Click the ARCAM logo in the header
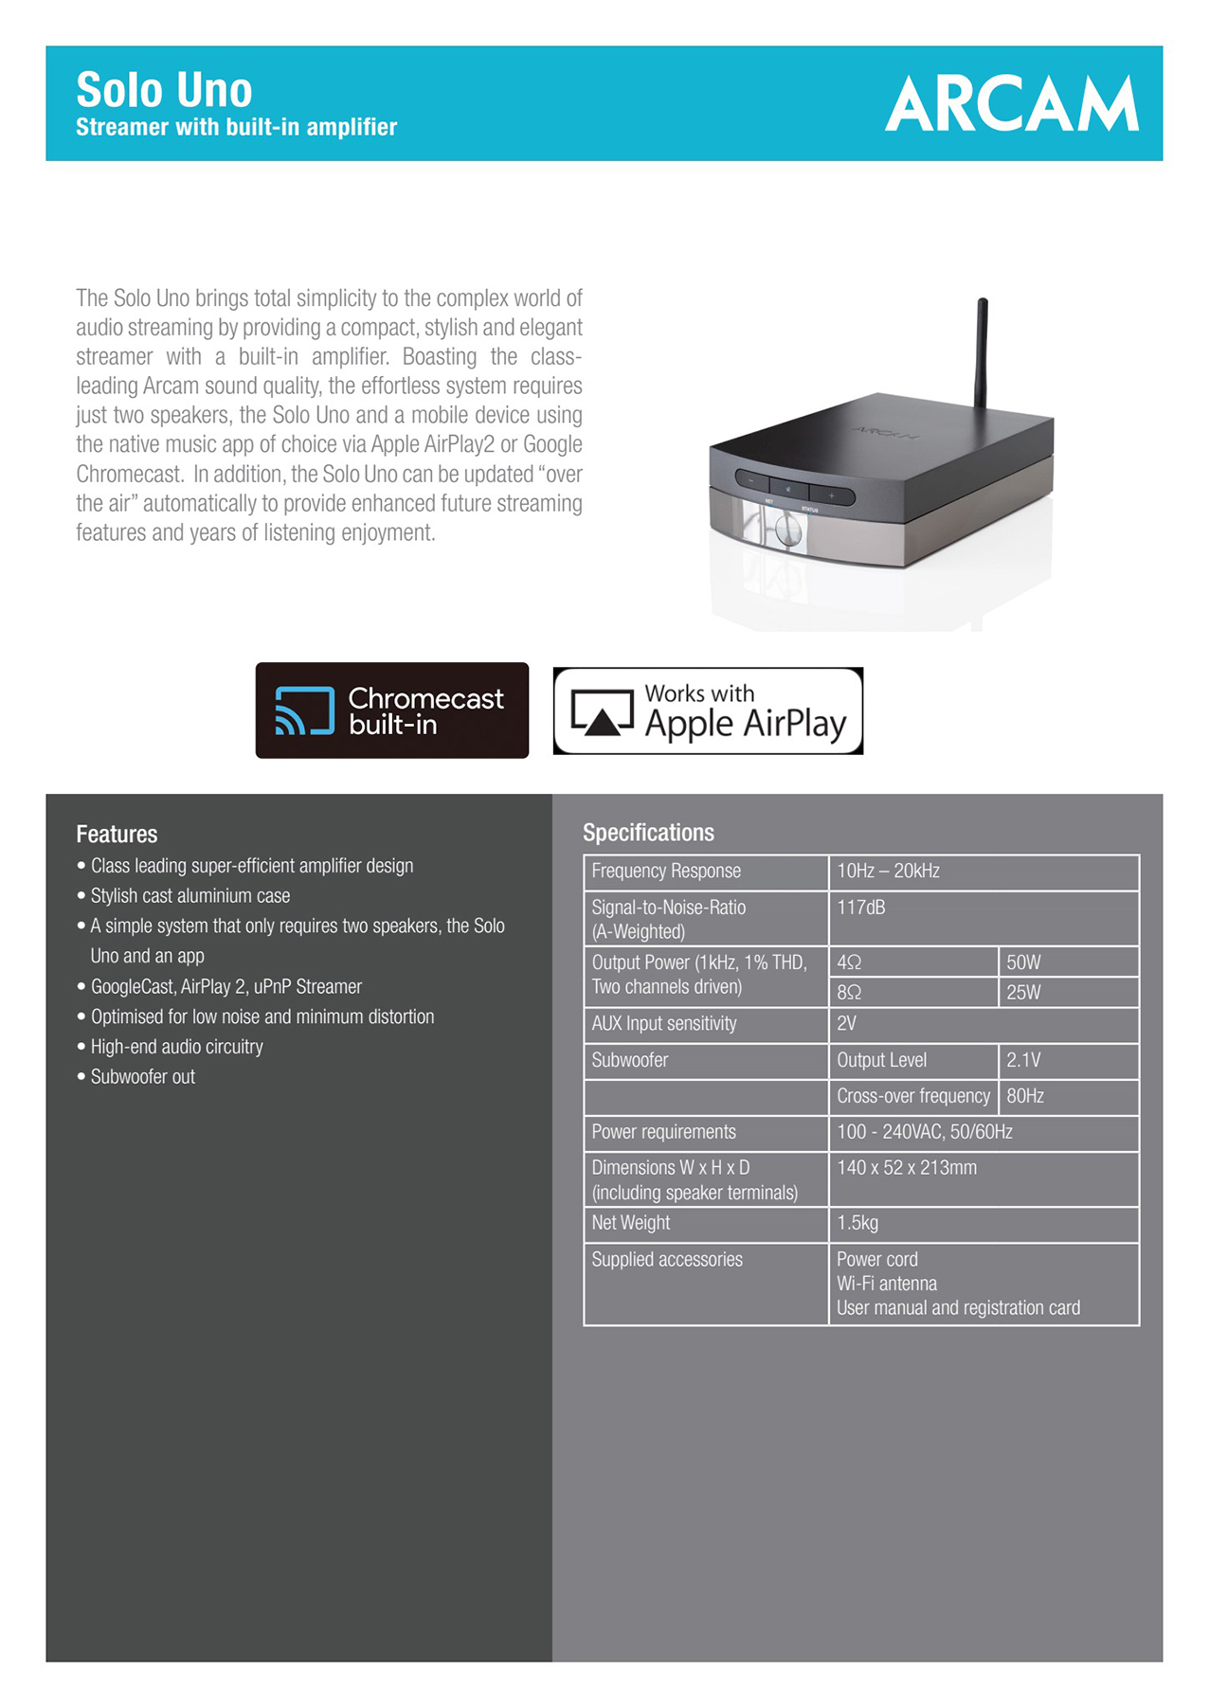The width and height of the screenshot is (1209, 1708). point(1011,104)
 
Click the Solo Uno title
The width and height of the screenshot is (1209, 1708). point(164,91)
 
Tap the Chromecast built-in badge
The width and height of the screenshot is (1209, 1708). point(391,710)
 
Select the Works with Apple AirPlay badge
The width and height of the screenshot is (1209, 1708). point(708,710)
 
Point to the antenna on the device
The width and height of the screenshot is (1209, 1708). point(982,351)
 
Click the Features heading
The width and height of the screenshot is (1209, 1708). point(117,834)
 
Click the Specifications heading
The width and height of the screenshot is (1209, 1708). point(648,832)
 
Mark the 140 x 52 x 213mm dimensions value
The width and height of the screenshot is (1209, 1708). point(907,1168)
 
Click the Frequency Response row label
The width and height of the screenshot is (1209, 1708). point(666,871)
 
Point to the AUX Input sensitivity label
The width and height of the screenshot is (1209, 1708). point(664,1023)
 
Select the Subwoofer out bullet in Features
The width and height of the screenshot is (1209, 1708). point(142,1076)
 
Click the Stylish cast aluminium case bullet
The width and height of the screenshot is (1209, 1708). point(189,895)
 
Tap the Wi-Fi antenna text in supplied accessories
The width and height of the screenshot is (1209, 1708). point(887,1284)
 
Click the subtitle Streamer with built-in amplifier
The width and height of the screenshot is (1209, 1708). point(236,127)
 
